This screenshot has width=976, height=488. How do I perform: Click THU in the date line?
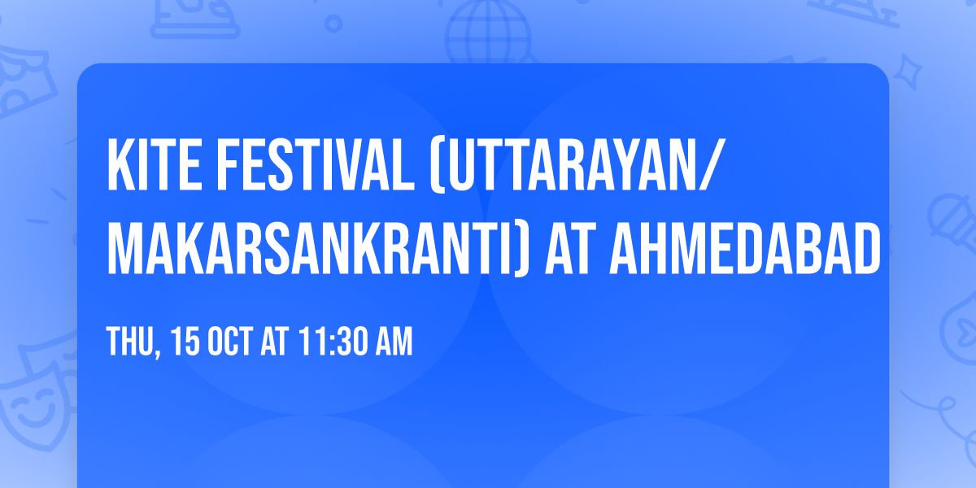(x=128, y=342)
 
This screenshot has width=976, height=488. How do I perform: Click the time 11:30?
(x=329, y=342)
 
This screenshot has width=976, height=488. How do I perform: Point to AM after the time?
(x=393, y=342)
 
